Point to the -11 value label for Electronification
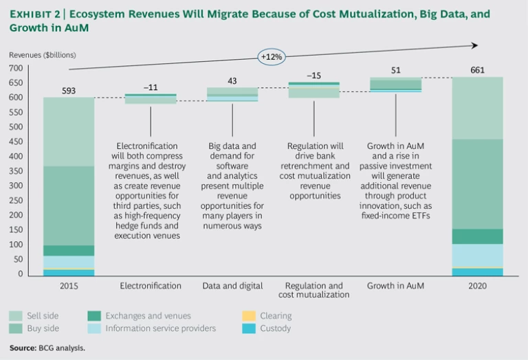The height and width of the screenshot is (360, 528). [150, 87]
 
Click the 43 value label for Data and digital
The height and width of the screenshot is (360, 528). [232, 81]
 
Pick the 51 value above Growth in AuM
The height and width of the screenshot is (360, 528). [396, 69]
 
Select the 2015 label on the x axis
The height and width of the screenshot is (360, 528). [69, 285]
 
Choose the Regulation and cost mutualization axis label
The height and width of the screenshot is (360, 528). [314, 290]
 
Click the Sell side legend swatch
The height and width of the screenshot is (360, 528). [16, 316]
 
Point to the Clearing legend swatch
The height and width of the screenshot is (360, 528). [250, 316]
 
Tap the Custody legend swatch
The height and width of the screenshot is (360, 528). [250, 328]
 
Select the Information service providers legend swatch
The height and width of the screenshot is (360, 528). [95, 328]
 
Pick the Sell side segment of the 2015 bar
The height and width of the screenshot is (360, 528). [69, 131]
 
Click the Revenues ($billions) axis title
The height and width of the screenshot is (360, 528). [43, 54]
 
